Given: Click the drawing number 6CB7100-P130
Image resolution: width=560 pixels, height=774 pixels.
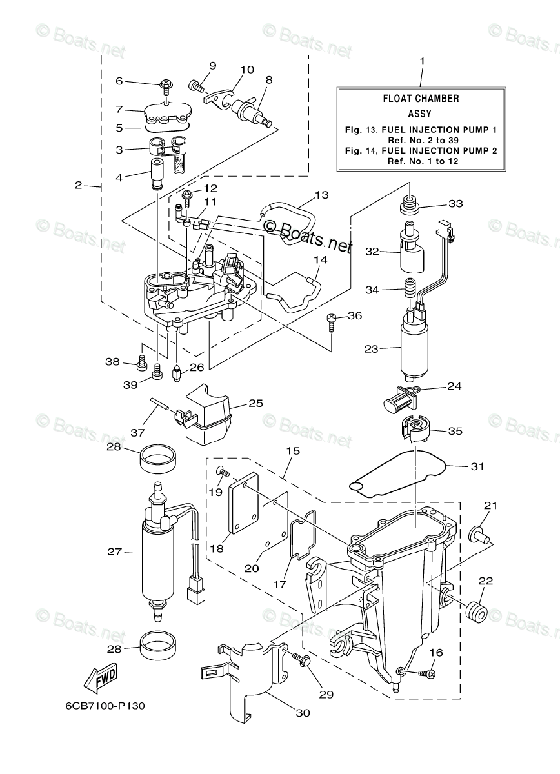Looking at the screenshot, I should pos(104,705).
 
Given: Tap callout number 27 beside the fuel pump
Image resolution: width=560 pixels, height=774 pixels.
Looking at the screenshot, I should pos(114,551).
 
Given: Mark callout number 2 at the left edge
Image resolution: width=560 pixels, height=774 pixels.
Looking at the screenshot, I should pos(78,185).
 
